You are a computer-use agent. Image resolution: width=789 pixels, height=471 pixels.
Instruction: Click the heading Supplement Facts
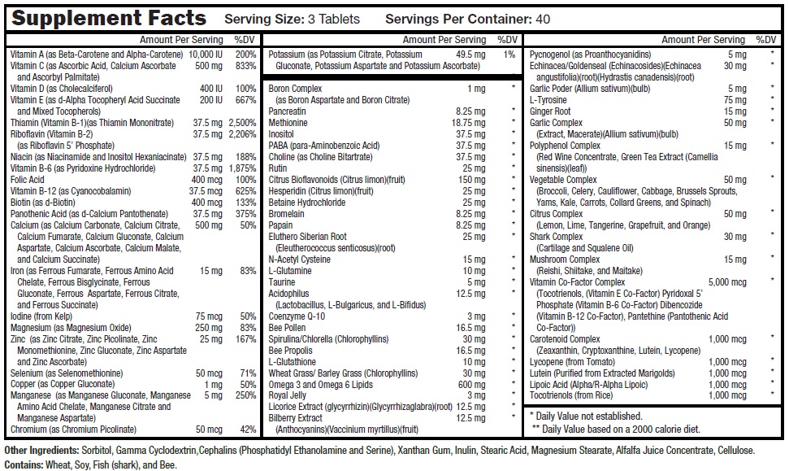pos(109,18)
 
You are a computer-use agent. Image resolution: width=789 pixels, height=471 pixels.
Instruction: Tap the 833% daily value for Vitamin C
pos(245,66)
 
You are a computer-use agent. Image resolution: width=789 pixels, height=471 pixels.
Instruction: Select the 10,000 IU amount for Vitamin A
pos(206,55)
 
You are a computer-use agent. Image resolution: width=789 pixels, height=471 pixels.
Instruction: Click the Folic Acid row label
pos(27,180)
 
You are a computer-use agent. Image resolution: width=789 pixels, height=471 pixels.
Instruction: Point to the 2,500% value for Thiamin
pos(242,123)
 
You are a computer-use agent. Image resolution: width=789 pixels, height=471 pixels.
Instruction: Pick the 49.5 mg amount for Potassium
pos(470,55)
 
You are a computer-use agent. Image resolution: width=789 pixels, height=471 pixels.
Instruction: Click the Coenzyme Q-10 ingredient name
pos(297,316)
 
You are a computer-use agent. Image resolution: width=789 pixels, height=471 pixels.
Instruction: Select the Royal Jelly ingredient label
pos(288,395)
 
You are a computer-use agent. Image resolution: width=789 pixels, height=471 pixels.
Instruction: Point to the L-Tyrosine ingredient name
pos(548,100)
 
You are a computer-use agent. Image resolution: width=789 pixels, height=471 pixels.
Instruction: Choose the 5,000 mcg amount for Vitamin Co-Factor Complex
pos(727,282)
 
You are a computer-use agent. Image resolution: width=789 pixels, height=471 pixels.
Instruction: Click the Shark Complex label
pos(556,237)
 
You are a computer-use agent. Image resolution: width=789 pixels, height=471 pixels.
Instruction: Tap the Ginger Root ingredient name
pos(550,111)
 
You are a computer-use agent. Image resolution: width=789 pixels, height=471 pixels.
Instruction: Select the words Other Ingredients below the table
pos(41,451)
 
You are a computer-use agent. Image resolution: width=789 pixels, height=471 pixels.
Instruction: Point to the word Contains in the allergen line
pos(24,464)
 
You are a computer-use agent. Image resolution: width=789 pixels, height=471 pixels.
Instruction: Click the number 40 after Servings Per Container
pos(543,20)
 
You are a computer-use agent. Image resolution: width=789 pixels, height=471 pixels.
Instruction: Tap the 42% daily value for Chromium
pos(248,430)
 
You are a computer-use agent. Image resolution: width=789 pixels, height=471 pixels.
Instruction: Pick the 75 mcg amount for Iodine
pos(209,316)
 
